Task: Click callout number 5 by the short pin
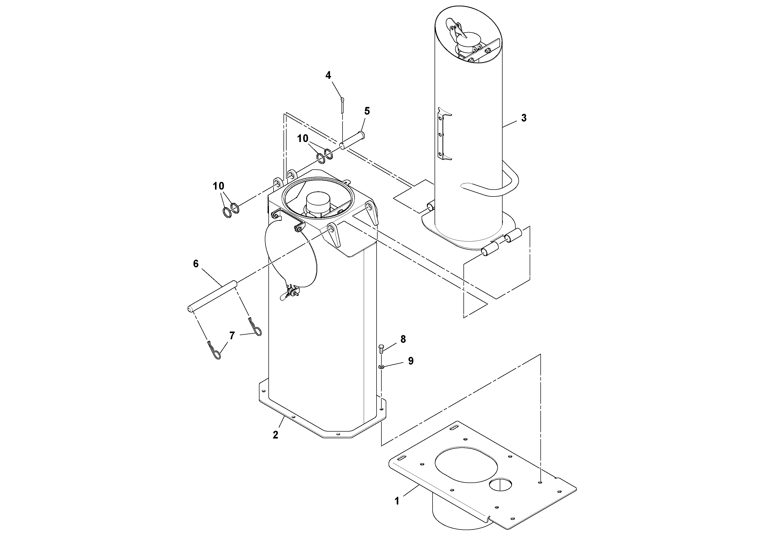coord(367,111)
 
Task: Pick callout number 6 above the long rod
coord(196,264)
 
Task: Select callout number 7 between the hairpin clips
coord(232,336)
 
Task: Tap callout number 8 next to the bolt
coord(403,339)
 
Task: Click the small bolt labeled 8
coord(381,348)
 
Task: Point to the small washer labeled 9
coord(381,367)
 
